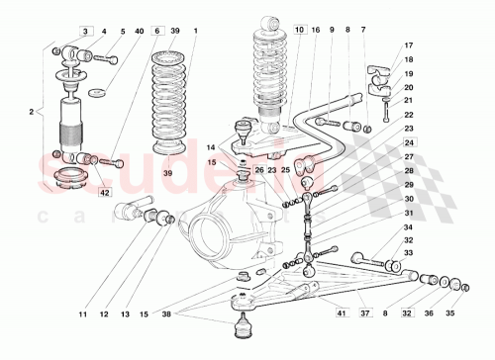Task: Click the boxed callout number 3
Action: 86,32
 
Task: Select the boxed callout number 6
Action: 157,32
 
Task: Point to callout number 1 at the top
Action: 195,32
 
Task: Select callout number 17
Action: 408,45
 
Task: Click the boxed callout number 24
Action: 408,142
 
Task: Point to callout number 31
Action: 408,213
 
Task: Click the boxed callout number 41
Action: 341,315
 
